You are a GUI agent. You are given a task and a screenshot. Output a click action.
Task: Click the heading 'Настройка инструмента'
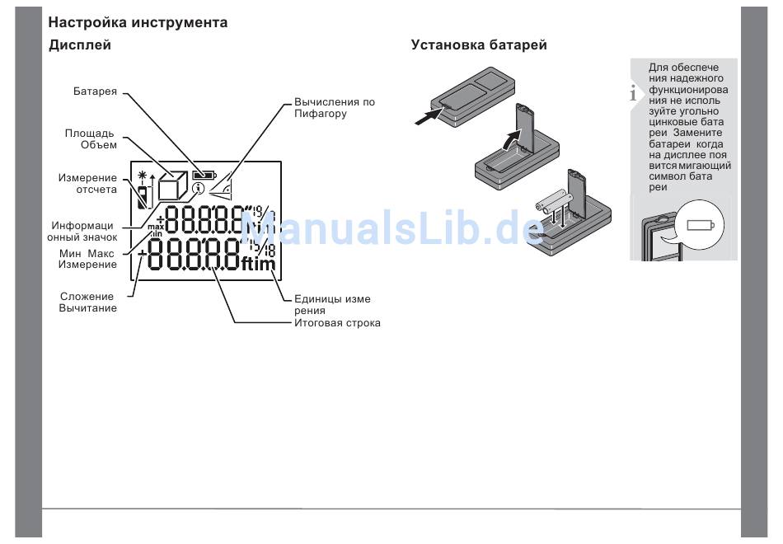(x=138, y=23)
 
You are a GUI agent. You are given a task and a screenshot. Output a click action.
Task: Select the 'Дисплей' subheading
(x=80, y=45)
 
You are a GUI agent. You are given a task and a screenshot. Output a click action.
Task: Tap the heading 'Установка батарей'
(x=479, y=45)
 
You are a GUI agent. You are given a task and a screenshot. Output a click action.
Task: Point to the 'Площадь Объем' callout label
(x=91, y=138)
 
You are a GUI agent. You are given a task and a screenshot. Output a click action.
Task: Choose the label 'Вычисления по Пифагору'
(x=334, y=108)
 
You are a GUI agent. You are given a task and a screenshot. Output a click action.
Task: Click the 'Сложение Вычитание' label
(x=87, y=302)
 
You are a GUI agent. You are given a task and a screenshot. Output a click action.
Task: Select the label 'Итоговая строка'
(x=337, y=323)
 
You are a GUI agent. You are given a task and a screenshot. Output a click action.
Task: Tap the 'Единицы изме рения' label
(x=332, y=305)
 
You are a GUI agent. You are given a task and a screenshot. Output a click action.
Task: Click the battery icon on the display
(x=203, y=175)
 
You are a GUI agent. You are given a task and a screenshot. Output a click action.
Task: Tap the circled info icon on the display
(x=199, y=189)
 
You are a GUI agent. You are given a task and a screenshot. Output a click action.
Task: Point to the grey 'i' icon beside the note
(x=633, y=93)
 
